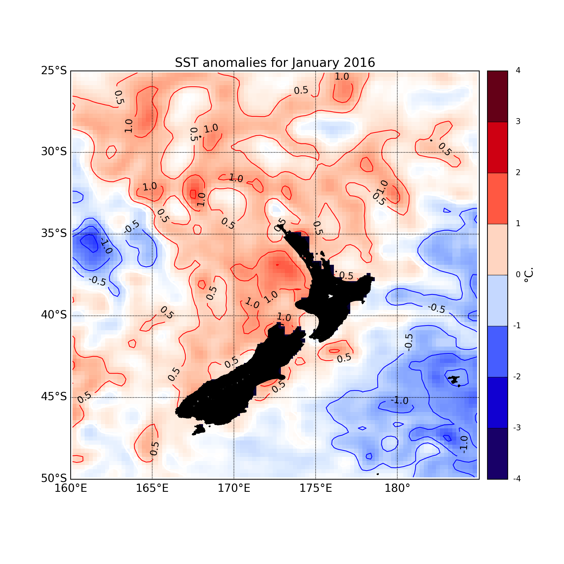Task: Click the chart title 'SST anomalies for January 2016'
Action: [x=275, y=63]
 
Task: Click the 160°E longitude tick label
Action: [x=71, y=488]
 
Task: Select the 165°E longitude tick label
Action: [x=152, y=488]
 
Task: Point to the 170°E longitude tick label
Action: [x=234, y=488]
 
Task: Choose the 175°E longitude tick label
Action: [x=316, y=488]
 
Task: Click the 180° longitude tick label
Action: [x=397, y=488]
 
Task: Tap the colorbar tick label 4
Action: [x=518, y=71]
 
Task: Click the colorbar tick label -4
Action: [x=517, y=479]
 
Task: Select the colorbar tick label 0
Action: [x=518, y=275]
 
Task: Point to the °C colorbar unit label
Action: [x=528, y=275]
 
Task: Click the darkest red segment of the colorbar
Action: [x=497, y=96]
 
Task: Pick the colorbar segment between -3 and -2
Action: [x=497, y=402]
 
